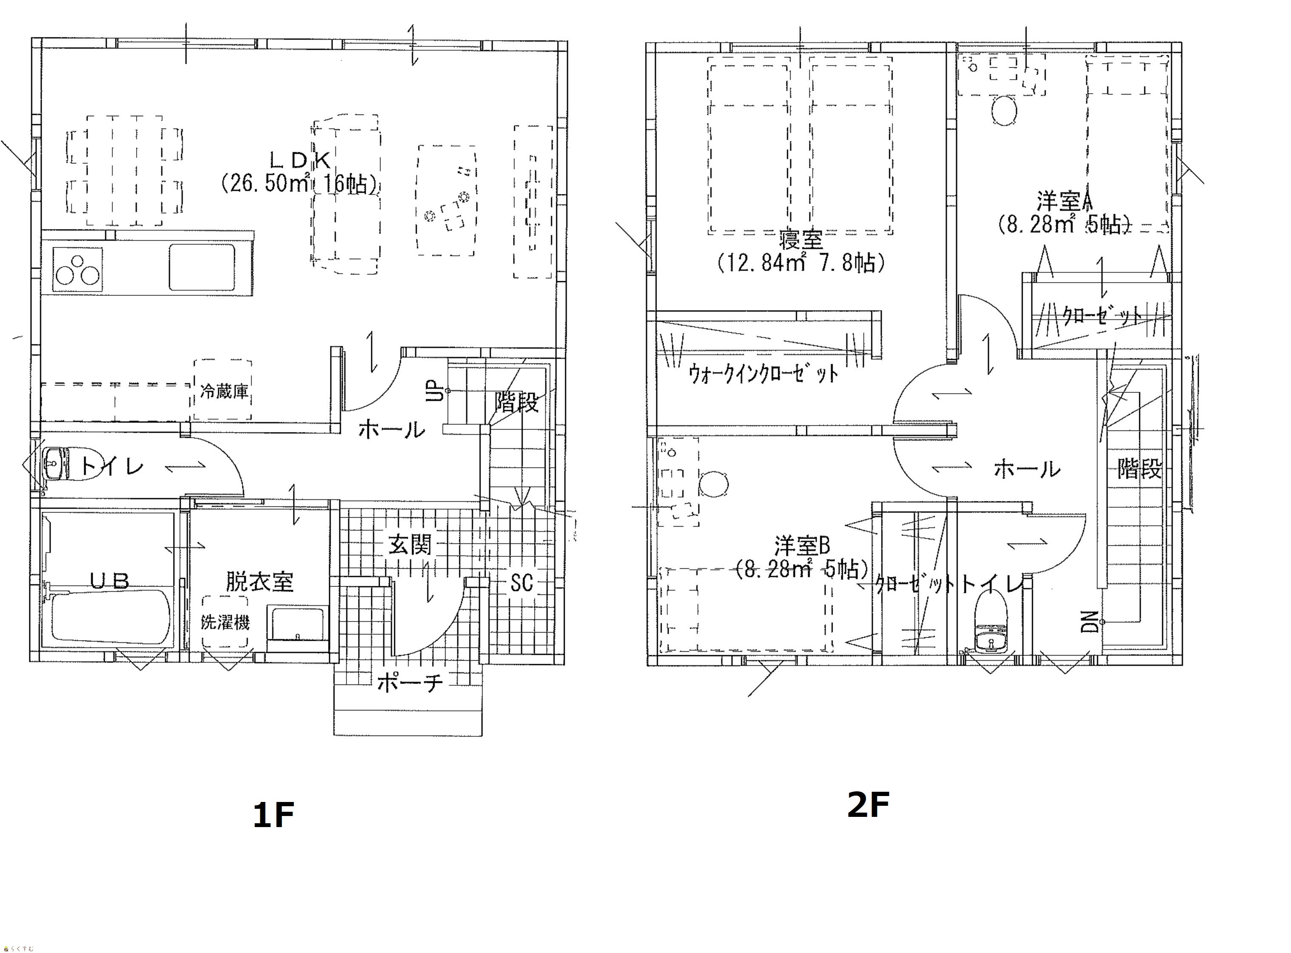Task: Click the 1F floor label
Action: [273, 815]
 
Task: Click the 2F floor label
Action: [868, 805]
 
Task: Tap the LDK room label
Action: [300, 160]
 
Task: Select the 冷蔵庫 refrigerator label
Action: [224, 392]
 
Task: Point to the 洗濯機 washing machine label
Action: [225, 622]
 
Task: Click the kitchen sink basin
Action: [202, 267]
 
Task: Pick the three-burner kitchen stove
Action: [77, 269]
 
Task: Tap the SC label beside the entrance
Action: [521, 583]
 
